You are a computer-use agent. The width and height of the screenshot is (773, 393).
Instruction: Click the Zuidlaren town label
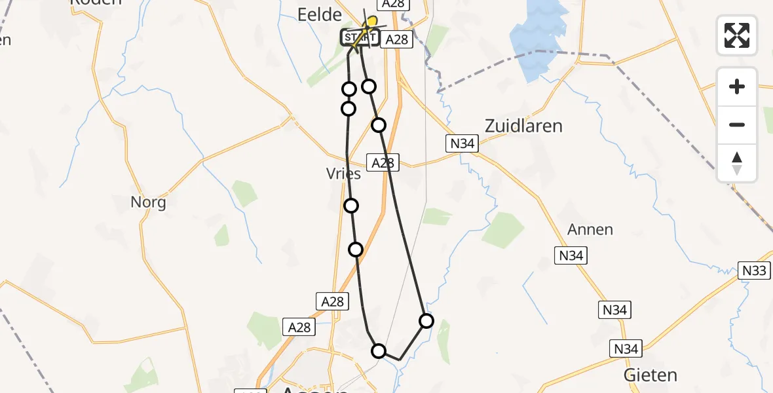pyautogui.click(x=523, y=125)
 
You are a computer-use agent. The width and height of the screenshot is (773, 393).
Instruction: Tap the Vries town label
pyautogui.click(x=343, y=174)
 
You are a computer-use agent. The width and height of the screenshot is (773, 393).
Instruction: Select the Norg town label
pyautogui.click(x=148, y=202)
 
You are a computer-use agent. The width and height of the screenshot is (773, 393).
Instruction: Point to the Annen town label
pyautogui.click(x=590, y=229)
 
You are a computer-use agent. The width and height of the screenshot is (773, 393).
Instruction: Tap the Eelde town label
pyautogui.click(x=320, y=14)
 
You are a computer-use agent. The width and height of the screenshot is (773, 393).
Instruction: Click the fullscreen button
pyautogui.click(x=737, y=35)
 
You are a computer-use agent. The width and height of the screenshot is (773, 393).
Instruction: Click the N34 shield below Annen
pyautogui.click(x=571, y=255)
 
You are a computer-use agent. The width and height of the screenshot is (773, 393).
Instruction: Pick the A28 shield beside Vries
pyautogui.click(x=383, y=163)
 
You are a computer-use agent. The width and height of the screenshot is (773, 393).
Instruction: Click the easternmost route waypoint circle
pyautogui.click(x=426, y=320)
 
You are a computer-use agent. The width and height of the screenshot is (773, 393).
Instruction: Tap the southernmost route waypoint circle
pyautogui.click(x=379, y=351)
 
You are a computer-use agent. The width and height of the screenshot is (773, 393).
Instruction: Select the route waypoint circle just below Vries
pyautogui.click(x=351, y=206)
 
